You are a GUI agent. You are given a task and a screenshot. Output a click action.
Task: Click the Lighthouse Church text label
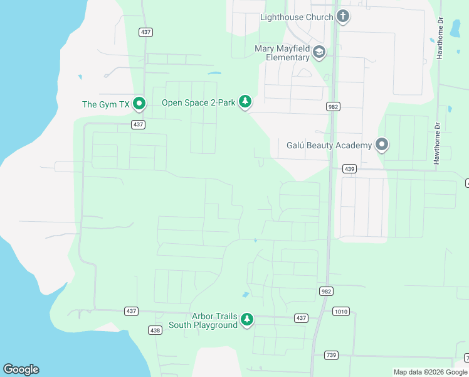(x=297, y=17)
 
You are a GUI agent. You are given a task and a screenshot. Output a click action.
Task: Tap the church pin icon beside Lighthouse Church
(x=342, y=16)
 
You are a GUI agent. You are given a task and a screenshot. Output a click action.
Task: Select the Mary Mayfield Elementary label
(x=282, y=53)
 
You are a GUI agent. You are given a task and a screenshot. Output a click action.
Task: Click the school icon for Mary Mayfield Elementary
(x=319, y=52)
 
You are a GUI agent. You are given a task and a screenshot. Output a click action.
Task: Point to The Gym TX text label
(x=105, y=104)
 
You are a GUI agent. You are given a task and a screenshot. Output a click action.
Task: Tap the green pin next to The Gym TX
(x=139, y=104)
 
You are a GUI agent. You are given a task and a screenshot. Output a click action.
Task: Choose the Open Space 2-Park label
(x=198, y=102)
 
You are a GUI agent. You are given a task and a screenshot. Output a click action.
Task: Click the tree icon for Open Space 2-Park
(x=245, y=102)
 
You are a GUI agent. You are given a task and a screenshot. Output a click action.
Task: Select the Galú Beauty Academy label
(x=325, y=146)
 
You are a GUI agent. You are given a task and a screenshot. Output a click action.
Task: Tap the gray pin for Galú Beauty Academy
(x=382, y=145)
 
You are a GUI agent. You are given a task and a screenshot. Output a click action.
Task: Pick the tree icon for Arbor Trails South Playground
(x=247, y=320)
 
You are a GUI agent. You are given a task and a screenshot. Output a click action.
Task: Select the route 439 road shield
(x=350, y=169)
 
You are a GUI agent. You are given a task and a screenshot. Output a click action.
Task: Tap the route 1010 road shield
(x=342, y=311)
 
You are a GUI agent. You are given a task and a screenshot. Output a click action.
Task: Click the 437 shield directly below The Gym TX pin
(x=139, y=124)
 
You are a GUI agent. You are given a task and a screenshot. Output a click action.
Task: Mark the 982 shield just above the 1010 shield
(x=326, y=291)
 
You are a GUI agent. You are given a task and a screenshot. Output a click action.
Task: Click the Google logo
(x=21, y=369)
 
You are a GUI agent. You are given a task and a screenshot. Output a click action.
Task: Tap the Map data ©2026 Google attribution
(x=430, y=372)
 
